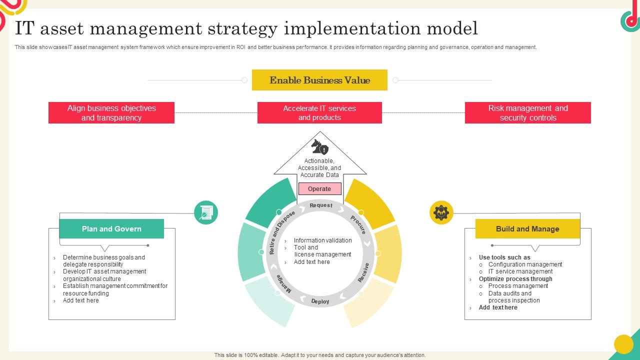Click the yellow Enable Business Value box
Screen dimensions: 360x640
tap(319, 80)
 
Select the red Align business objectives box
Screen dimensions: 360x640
tap(111, 113)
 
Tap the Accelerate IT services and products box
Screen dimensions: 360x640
tap(319, 113)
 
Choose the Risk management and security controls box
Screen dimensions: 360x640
tap(527, 113)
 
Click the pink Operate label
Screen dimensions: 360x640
tap(319, 189)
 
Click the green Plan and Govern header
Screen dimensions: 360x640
tap(111, 229)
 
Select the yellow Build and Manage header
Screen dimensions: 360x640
tap(527, 229)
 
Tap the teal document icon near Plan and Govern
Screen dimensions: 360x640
tap(205, 212)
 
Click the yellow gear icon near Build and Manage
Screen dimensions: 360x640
tap(441, 212)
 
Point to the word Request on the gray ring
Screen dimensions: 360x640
tap(320, 205)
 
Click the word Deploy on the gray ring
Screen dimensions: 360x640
tap(320, 301)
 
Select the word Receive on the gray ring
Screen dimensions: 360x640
tap(364, 272)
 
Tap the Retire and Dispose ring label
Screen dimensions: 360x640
tap(281, 233)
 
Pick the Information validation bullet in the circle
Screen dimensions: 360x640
tap(322, 240)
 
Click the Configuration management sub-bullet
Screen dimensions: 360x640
tap(525, 264)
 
